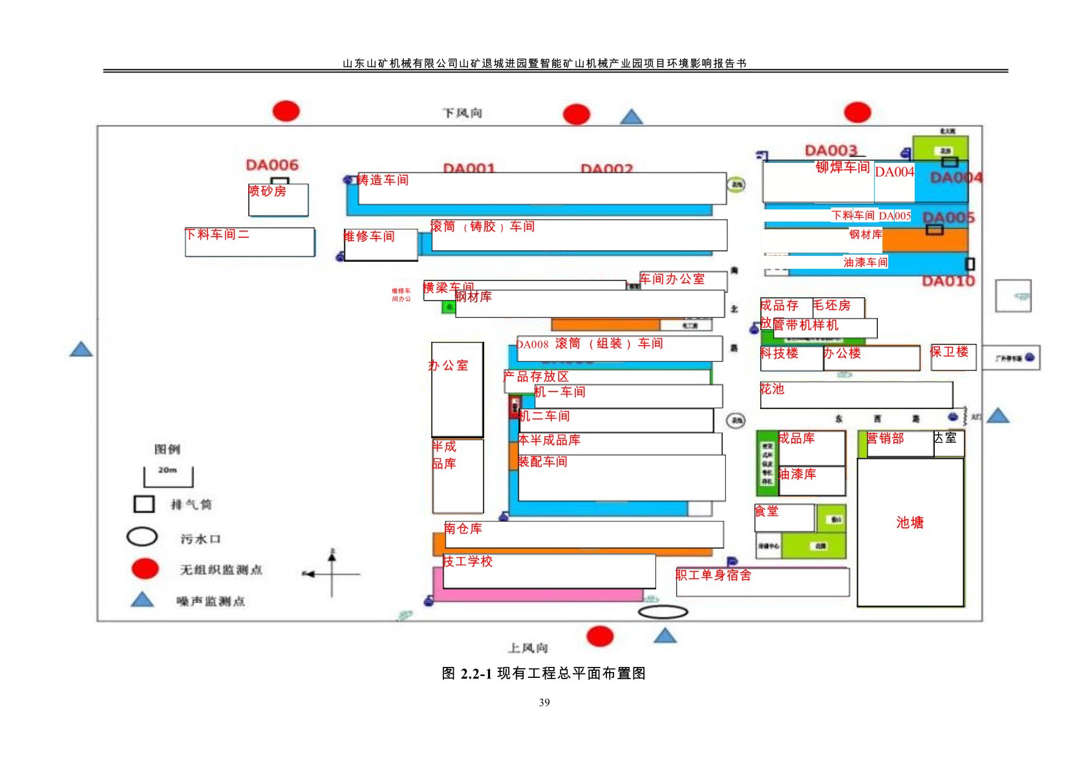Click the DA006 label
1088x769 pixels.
point(272,165)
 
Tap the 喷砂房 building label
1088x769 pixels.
point(267,191)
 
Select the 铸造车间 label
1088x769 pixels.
point(383,180)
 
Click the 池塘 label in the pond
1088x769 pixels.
point(910,522)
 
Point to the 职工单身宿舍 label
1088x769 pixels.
point(713,575)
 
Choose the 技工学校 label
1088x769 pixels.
point(467,562)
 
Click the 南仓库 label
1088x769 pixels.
point(463,529)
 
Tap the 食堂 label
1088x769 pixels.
point(767,511)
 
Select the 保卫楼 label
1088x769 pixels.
point(949,352)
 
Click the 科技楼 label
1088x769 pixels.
point(779,353)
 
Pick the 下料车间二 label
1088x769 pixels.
point(217,235)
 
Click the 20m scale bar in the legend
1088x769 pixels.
point(168,477)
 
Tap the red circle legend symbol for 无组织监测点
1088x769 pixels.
point(145,569)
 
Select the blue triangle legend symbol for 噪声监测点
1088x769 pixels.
point(142,600)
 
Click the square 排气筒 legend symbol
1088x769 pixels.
point(144,504)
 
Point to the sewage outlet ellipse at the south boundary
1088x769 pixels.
point(663,611)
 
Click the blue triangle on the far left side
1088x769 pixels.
point(81,350)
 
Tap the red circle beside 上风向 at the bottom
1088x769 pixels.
point(600,636)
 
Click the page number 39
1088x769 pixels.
point(544,702)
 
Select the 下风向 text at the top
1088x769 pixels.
point(462,113)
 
